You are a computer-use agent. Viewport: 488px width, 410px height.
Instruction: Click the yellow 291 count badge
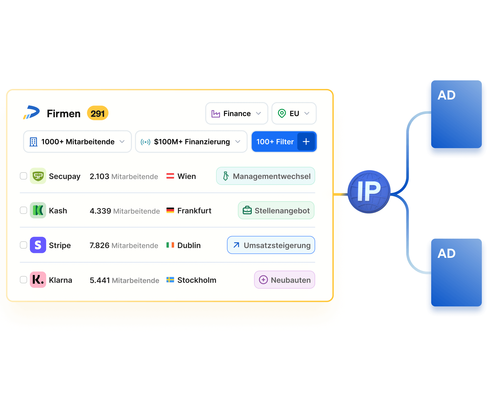(x=98, y=113)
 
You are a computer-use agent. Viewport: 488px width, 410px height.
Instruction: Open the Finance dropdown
(x=237, y=113)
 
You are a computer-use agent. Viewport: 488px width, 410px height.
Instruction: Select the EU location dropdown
(x=294, y=113)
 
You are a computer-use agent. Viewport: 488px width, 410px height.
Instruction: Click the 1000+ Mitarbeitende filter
(x=77, y=142)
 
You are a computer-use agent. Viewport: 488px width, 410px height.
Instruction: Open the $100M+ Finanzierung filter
(x=191, y=142)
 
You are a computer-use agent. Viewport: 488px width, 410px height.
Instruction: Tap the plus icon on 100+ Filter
(x=306, y=142)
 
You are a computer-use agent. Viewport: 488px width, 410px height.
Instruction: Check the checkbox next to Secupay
(x=23, y=176)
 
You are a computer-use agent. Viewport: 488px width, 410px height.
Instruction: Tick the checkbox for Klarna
(x=23, y=280)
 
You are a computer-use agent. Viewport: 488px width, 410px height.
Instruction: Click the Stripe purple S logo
(x=38, y=245)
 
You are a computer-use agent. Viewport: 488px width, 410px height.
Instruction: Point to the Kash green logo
(x=38, y=210)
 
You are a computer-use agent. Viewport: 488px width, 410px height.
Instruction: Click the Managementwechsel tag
(x=265, y=176)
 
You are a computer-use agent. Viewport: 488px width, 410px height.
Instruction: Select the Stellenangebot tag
(x=276, y=210)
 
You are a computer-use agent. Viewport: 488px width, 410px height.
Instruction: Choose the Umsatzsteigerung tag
(x=271, y=245)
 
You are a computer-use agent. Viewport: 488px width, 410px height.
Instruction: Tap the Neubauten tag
(x=285, y=280)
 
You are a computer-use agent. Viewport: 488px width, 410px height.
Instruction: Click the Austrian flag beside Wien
(x=170, y=176)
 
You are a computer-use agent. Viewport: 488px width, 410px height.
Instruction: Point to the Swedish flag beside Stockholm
(x=170, y=280)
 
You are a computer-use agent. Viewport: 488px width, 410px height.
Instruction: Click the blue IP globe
(x=369, y=192)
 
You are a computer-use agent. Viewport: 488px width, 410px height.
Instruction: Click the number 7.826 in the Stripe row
(x=99, y=245)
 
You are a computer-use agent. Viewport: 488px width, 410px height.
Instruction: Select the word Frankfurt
(x=194, y=211)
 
